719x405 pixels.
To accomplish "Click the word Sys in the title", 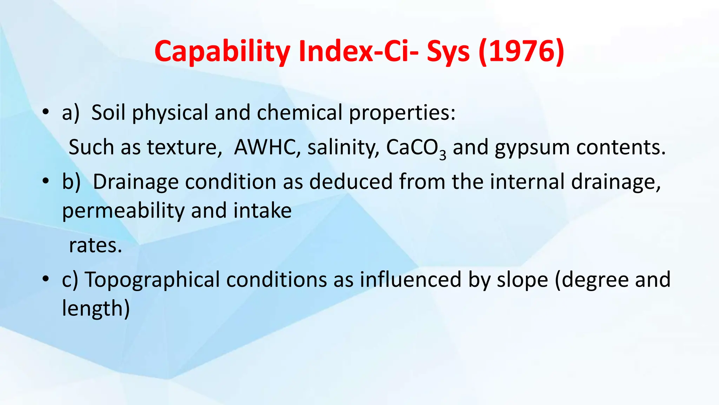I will pyautogui.click(x=448, y=51).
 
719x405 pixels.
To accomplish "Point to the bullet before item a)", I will pyautogui.click(x=45, y=113).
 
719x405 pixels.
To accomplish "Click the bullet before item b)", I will pyautogui.click(x=45, y=182).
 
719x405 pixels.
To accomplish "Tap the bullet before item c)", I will pyautogui.click(x=45, y=280).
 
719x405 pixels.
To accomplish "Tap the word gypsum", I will pyautogui.click(x=532, y=148).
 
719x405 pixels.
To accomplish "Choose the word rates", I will pyautogui.click(x=95, y=245).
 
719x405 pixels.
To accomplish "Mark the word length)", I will pyautogui.click(x=96, y=308).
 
